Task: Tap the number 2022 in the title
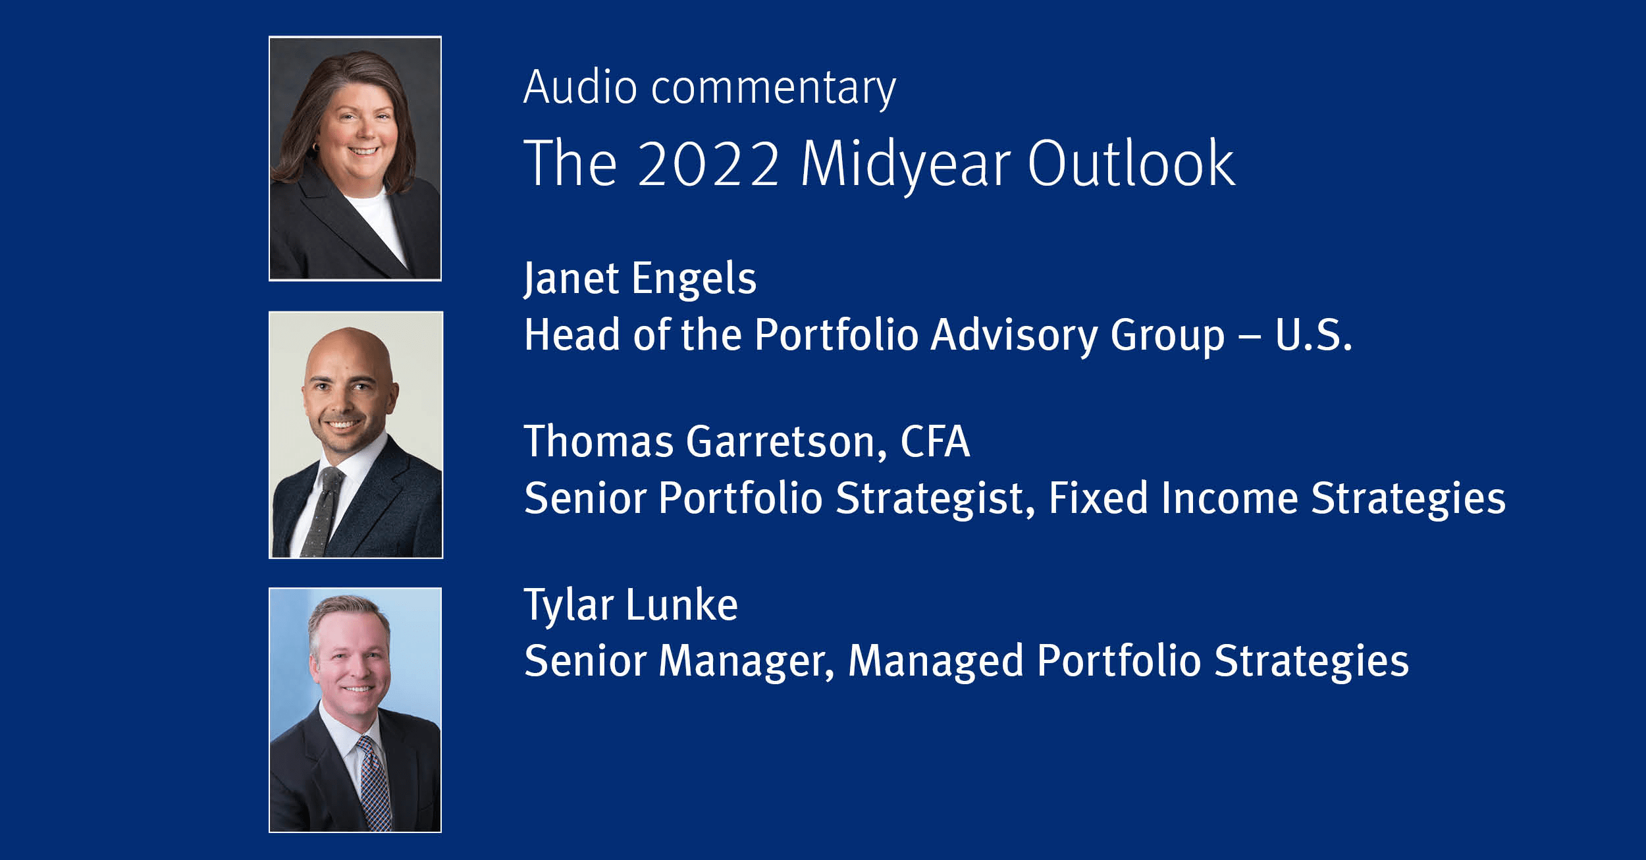pyautogui.click(x=708, y=163)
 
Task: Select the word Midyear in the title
pyautogui.click(x=905, y=165)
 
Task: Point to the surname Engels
pyautogui.click(x=694, y=279)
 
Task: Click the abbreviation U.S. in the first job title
pyautogui.click(x=1314, y=335)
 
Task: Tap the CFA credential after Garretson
pyautogui.click(x=935, y=441)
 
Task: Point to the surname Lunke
pyautogui.click(x=682, y=605)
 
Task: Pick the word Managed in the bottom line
pyautogui.click(x=936, y=662)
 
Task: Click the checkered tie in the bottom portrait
pyautogui.click(x=373, y=784)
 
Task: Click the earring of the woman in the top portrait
pyautogui.click(x=315, y=146)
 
